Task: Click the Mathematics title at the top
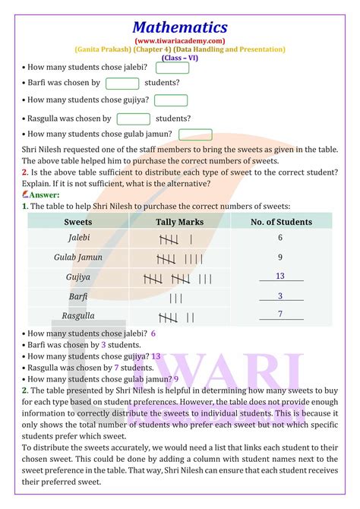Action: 180,27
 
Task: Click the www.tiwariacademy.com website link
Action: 180,40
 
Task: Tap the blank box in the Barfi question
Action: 122,83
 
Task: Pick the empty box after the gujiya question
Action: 171,100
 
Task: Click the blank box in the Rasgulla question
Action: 134,119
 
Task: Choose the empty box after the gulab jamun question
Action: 195,134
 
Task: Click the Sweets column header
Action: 78,222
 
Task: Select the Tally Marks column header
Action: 179,222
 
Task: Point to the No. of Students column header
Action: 281,222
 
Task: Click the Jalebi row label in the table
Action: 78,238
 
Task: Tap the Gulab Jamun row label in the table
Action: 78,258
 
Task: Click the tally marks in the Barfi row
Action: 176,297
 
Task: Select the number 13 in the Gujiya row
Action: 280,277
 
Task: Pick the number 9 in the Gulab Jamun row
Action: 280,258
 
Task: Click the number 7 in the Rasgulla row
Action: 280,314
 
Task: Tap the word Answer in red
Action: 46,194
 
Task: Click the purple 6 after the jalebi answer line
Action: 153,333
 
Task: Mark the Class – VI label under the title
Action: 180,58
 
